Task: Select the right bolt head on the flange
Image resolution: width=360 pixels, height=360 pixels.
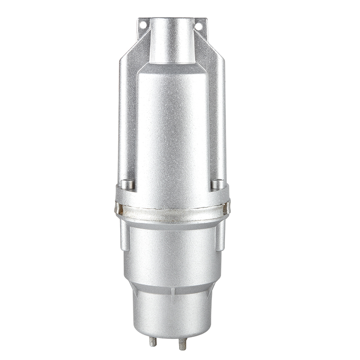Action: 217,184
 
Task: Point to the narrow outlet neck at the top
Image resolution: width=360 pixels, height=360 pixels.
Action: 172,40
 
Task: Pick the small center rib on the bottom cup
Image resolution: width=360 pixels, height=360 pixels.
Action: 172,292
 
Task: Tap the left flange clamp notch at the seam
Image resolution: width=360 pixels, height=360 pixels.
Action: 118,208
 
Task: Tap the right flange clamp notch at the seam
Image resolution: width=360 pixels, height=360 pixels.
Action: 226,208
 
